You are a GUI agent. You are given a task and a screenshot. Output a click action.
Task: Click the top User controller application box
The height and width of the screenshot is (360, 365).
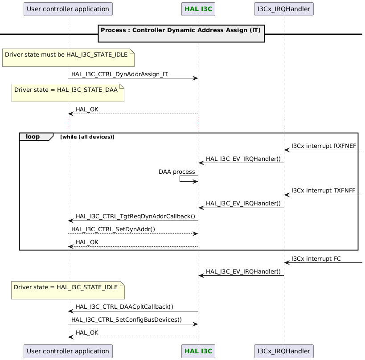coord(68,9)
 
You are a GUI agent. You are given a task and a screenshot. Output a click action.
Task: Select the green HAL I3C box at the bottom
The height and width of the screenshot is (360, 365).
coord(198,351)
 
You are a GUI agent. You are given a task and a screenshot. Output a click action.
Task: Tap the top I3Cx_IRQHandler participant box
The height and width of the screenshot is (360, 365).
coord(284,9)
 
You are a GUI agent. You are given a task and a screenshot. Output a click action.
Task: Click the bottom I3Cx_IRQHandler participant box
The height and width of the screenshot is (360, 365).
coord(284,351)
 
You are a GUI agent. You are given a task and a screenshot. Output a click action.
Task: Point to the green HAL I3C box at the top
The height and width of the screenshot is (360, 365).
coord(198,9)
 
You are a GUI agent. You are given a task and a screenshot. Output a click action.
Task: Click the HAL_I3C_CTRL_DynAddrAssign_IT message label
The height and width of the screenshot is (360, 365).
coord(119,74)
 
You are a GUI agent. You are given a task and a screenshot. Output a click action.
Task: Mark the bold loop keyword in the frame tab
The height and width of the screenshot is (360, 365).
coord(33,137)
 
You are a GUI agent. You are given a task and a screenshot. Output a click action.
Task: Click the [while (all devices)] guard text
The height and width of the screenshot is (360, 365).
coord(87,137)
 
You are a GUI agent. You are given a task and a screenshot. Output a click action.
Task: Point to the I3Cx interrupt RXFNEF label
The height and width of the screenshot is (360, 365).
coord(324,146)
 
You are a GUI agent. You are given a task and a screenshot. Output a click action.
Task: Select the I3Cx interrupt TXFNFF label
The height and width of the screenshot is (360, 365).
coord(323,190)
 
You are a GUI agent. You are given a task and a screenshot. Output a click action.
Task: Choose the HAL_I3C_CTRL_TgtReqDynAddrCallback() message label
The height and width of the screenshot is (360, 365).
coord(135,216)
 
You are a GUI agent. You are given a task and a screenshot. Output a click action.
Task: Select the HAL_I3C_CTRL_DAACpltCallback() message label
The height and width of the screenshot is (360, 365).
coord(124,307)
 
